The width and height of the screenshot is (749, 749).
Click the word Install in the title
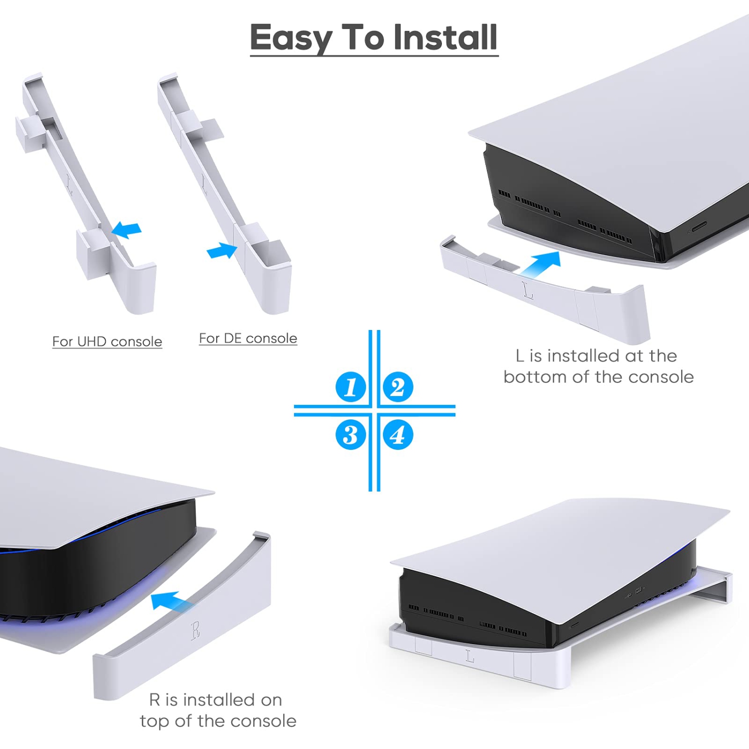coord(445,37)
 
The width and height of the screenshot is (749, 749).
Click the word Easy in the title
coord(291,37)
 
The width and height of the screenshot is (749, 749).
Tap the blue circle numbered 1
coord(351,387)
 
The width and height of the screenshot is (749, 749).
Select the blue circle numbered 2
coord(398,387)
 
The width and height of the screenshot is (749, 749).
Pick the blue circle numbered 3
coord(351,434)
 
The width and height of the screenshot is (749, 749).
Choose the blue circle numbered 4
coord(398,434)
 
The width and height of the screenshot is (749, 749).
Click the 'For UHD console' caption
coord(107,342)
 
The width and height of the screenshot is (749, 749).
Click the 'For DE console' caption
coord(248,339)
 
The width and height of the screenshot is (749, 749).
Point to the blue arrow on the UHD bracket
coord(127,230)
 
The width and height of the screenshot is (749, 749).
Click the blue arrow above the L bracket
coord(542,263)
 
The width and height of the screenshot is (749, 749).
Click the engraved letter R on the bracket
coord(196,631)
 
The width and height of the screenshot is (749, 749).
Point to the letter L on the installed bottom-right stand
coord(469,656)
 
